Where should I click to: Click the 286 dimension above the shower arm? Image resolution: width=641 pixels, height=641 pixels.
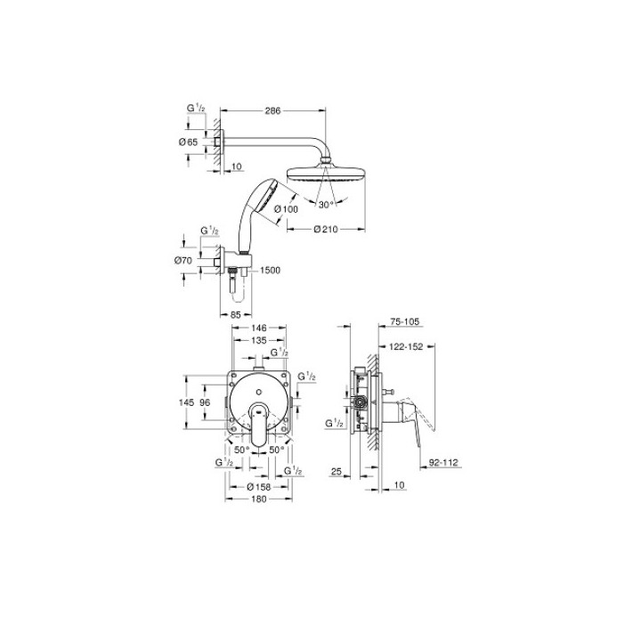tap(273, 111)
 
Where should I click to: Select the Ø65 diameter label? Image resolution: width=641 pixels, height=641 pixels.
tap(188, 142)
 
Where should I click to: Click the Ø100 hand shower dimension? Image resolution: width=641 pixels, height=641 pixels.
tap(286, 210)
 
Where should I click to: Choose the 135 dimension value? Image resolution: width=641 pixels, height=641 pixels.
tap(259, 340)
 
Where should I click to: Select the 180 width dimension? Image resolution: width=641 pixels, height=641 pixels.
tap(258, 499)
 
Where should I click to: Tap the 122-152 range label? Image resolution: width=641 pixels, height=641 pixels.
tap(405, 348)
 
